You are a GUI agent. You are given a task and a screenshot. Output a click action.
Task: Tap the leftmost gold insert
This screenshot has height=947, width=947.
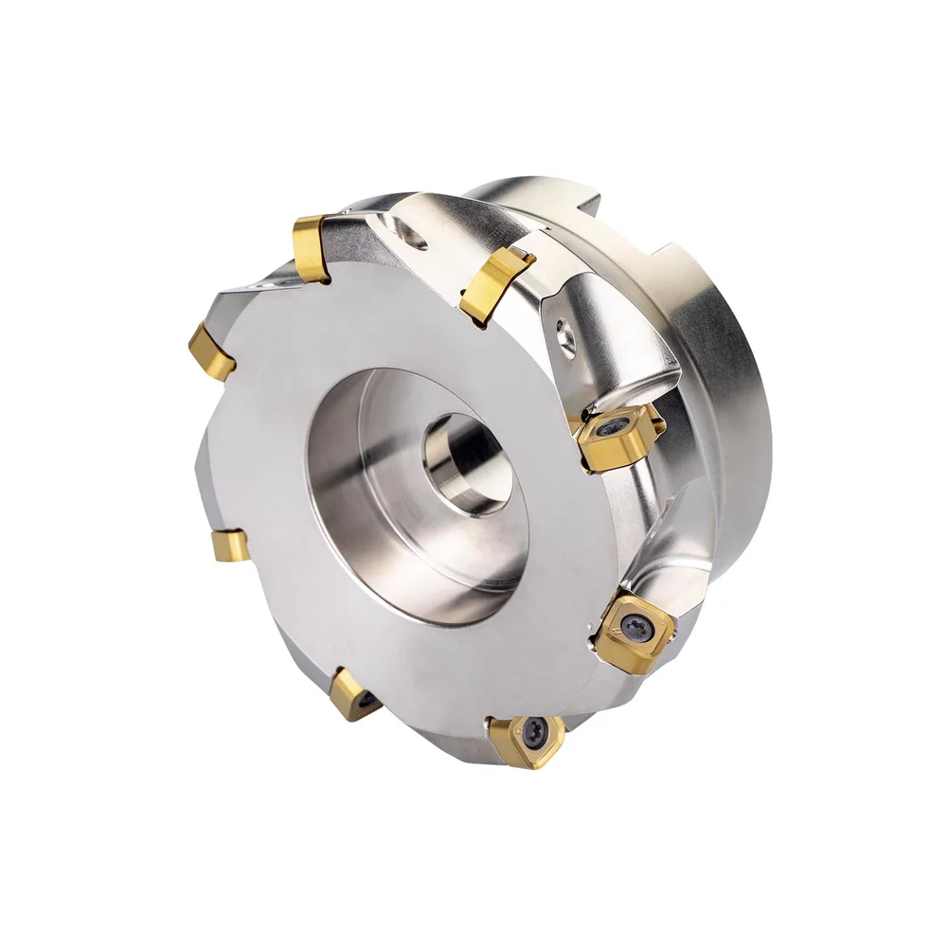click(x=211, y=352)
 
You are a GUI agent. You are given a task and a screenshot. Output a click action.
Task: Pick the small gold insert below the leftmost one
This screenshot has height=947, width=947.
click(x=230, y=545)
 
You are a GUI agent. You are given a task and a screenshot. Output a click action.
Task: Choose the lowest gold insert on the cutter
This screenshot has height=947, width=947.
click(x=526, y=739)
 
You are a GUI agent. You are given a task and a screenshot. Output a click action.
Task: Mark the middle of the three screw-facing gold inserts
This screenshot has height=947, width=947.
click(x=634, y=631)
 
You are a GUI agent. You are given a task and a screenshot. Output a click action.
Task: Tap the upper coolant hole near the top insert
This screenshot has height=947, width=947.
click(x=414, y=234)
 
